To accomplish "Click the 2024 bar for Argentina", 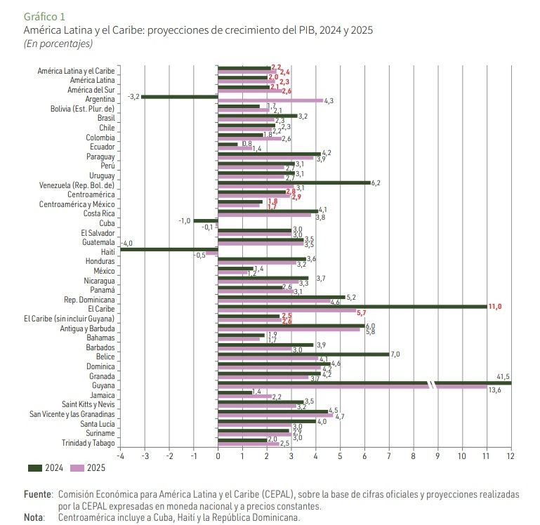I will click(180, 96).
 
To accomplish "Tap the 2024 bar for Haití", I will click(169, 248).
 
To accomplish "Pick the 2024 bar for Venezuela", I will click(294, 182).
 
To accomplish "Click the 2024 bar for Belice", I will click(303, 354).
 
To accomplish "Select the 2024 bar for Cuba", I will click(206, 220).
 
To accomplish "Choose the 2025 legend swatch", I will click(77, 468).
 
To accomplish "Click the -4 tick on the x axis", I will click(120, 456).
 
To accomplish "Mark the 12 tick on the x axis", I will click(511, 456).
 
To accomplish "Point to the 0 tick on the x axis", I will click(218, 456).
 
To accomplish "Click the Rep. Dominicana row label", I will click(90, 299).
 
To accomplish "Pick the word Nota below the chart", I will click(33, 517).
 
